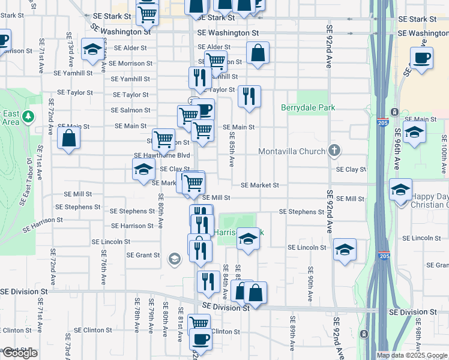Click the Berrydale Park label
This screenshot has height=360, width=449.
(308, 107)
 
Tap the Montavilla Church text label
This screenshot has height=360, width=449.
(292, 151)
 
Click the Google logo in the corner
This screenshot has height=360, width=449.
(19, 353)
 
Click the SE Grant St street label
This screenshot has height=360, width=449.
(143, 255)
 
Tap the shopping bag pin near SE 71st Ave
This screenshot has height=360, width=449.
(70, 139)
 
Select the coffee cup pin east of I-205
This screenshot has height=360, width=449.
(421, 58)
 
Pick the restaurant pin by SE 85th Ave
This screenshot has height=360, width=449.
(249, 96)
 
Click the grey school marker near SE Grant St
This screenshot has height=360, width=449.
(175, 259)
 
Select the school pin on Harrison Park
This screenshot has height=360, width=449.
(247, 239)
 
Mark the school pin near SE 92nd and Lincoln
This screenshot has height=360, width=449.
(345, 250)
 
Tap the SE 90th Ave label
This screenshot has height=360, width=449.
(310, 283)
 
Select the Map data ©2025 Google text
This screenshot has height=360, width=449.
(412, 355)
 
